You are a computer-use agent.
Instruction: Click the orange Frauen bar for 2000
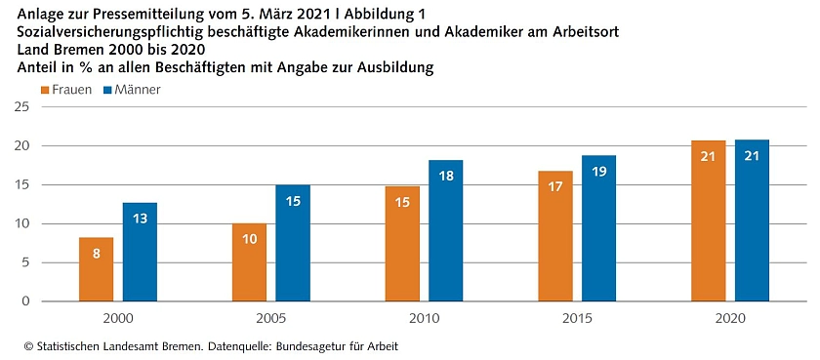(96, 269)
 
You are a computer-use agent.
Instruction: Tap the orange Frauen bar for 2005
(249, 262)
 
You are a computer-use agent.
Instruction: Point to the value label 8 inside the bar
(96, 253)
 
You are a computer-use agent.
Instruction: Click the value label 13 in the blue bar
(140, 219)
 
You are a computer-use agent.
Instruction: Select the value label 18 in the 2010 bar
(445, 176)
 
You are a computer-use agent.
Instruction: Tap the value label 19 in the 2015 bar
(598, 171)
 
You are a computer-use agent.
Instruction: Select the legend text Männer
(138, 90)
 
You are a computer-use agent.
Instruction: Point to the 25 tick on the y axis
(20, 107)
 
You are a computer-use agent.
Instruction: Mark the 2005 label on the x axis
(271, 319)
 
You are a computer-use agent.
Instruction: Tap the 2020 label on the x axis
(730, 319)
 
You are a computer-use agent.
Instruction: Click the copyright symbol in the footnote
(28, 346)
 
